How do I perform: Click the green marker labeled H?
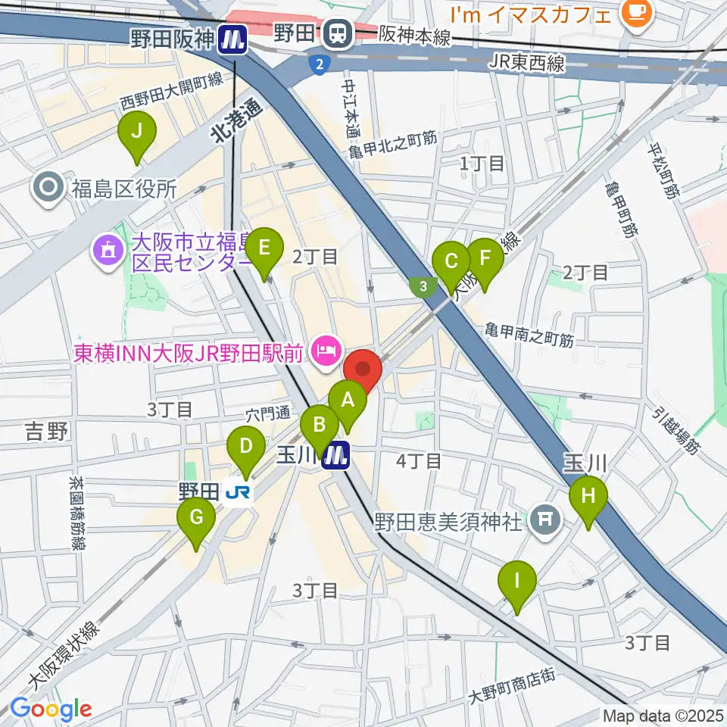[x=588, y=498]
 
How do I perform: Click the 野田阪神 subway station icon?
[x=232, y=39]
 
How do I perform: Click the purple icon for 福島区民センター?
[x=107, y=252]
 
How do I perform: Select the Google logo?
[x=51, y=709]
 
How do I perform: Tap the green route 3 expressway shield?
[x=423, y=286]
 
